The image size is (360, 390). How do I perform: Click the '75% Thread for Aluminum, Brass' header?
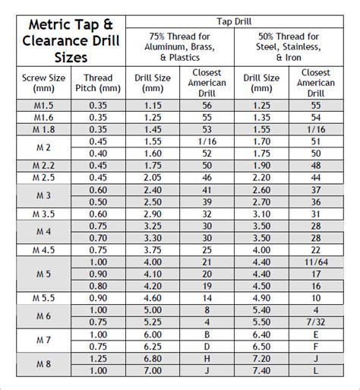pos(180,46)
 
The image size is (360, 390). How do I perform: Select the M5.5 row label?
pos(43,299)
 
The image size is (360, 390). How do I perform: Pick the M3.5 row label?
pos(43,214)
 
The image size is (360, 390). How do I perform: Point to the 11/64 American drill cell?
pos(316,262)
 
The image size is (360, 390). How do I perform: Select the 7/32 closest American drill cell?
pos(316,322)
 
